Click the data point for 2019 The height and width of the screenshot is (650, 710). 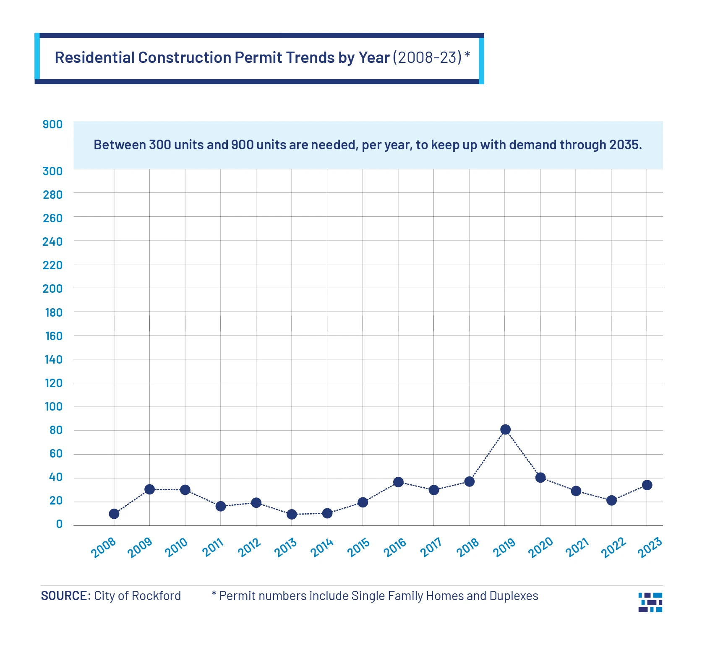(x=505, y=429)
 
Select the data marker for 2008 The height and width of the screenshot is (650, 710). (x=114, y=514)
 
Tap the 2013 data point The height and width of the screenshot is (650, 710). (x=292, y=514)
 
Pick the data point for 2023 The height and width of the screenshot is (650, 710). (x=647, y=485)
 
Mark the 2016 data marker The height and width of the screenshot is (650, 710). (x=398, y=482)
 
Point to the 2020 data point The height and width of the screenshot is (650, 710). (x=540, y=478)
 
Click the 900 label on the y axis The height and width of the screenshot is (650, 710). (x=52, y=125)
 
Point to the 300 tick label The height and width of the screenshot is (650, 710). (x=52, y=171)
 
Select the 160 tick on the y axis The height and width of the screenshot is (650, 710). (x=53, y=336)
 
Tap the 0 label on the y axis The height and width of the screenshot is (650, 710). (x=59, y=524)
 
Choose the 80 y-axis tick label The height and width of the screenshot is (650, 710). (x=56, y=430)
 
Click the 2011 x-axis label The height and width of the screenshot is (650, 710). (x=213, y=548)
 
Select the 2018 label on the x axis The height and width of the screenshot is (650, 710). (x=468, y=548)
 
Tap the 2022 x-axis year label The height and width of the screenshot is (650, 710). (x=613, y=548)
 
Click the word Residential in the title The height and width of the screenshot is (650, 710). (x=94, y=58)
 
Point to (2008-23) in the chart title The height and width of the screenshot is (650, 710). (x=427, y=58)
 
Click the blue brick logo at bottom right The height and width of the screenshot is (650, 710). (x=650, y=602)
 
